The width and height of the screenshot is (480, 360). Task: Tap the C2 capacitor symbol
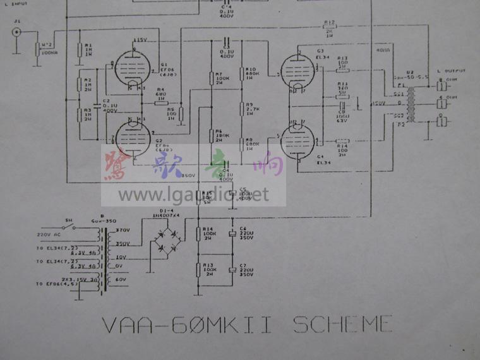click(96, 105)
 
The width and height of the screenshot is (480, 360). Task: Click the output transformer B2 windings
click(411, 101)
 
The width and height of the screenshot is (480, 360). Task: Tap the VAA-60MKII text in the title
click(188, 325)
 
